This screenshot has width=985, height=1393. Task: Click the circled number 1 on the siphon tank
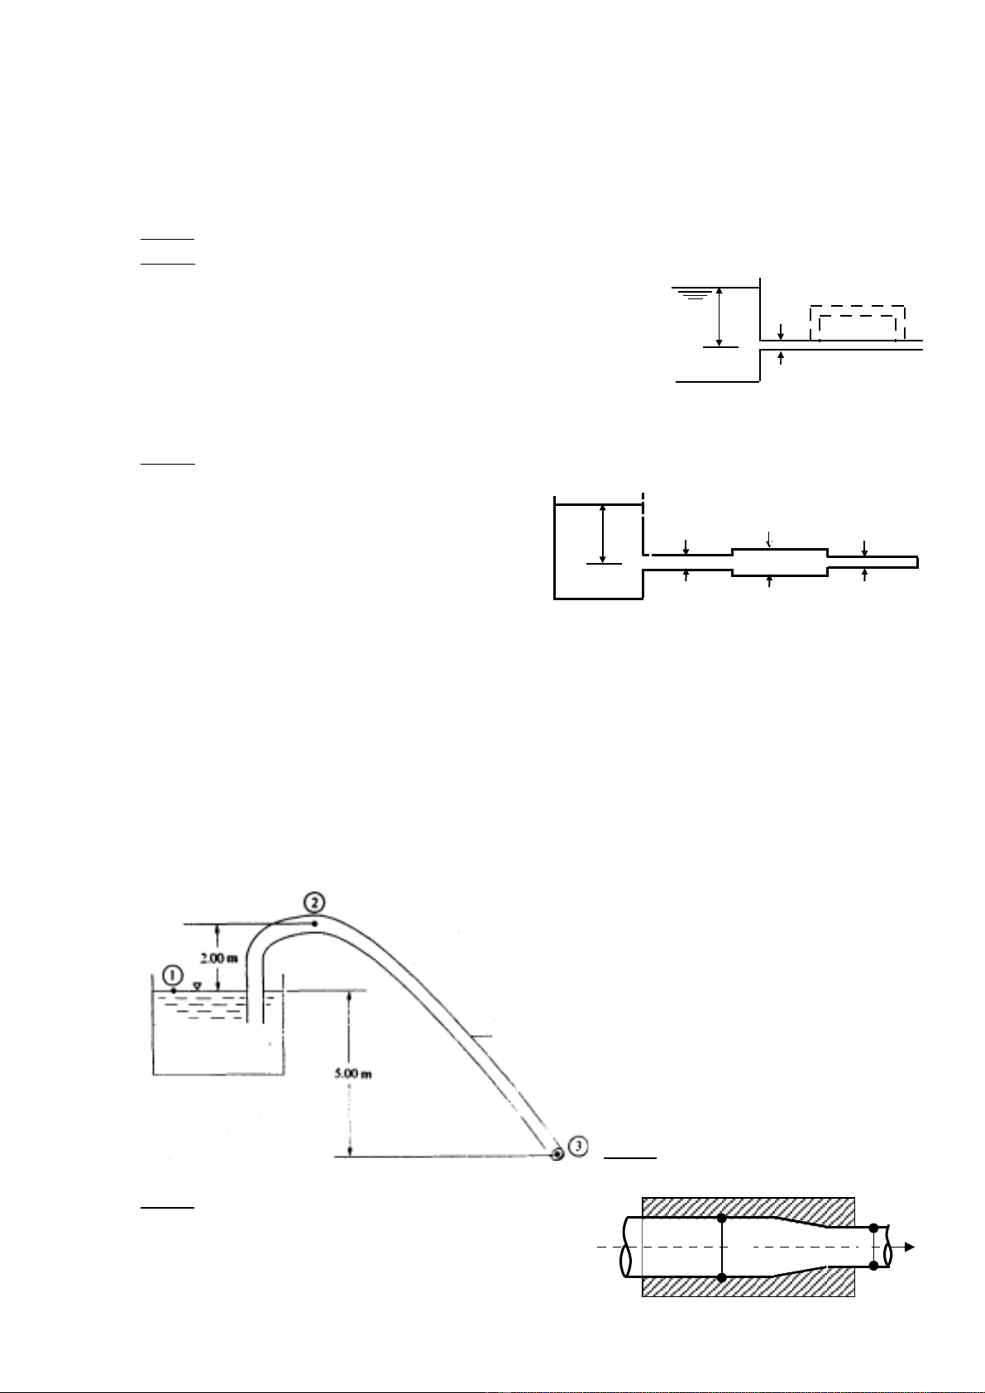[173, 975]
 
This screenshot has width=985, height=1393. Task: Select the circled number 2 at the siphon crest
[314, 901]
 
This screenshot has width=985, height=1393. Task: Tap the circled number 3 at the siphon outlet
[579, 1146]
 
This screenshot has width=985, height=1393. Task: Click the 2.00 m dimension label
[218, 958]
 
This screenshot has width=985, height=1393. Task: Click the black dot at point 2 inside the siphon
[315, 923]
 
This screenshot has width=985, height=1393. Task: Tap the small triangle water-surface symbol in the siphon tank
[198, 985]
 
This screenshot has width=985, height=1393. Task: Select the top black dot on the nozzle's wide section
[722, 1219]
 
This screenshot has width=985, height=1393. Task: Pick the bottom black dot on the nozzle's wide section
[722, 1278]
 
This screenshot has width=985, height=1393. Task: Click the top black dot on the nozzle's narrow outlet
[873, 1228]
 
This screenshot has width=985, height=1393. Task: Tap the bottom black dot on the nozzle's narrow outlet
[873, 1266]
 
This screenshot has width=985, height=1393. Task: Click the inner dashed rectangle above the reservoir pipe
[858, 317]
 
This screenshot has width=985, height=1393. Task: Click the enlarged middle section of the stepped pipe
[780, 563]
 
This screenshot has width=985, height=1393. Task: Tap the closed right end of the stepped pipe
[918, 562]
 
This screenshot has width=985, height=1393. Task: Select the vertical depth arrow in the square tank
[602, 534]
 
